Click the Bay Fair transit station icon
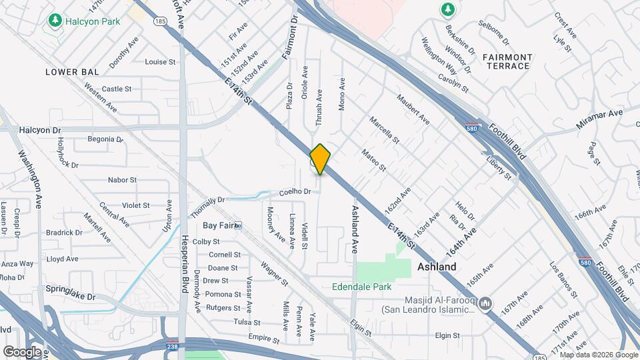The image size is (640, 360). coord(237,226)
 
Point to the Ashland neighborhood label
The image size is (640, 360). coord(437,267)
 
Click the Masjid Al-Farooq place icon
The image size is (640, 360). coord(485,304)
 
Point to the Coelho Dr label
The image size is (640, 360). coord(295,191)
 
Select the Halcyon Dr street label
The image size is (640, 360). coord(40,130)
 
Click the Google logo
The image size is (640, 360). coord(22,351)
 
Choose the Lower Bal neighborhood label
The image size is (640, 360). coord(72,71)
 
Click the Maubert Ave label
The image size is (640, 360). coord(413,110)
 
